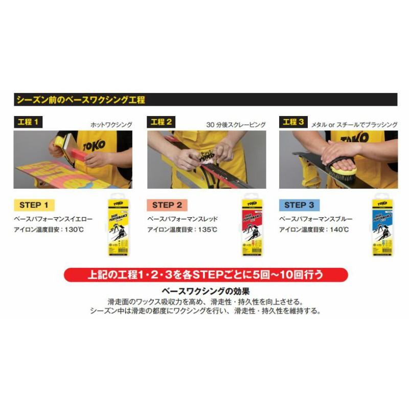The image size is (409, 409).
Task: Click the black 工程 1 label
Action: [28, 122]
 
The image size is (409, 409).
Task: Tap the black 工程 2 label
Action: [162, 122]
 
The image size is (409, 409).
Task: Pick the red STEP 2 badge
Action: [167, 206]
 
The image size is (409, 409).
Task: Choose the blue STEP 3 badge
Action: [300, 206]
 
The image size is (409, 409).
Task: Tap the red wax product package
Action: [252, 224]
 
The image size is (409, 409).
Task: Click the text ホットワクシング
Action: [111, 124]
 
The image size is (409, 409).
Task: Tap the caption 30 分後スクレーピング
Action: [236, 124]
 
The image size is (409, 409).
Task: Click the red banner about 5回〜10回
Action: [206, 275]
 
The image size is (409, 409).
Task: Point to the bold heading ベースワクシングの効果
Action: [205, 291]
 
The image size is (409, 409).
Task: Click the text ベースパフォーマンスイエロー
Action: [53, 219]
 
